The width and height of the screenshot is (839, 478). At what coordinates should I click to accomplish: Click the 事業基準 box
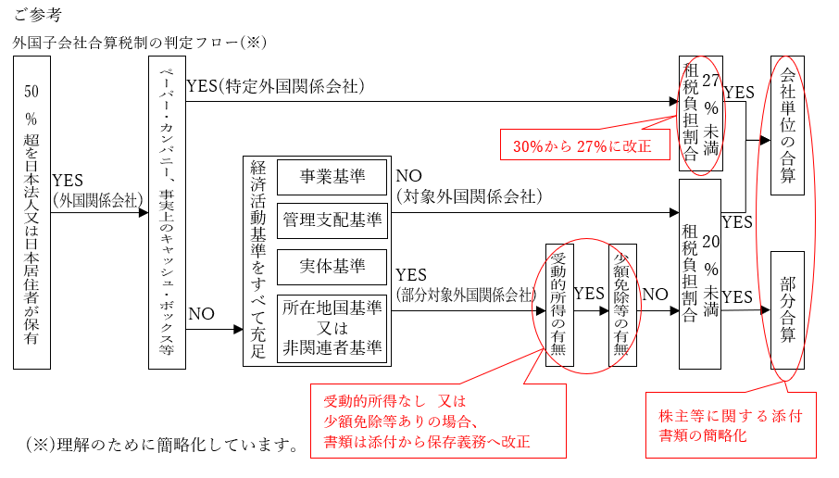click(332, 175)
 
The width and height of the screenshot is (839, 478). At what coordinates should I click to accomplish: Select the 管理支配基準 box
click(332, 220)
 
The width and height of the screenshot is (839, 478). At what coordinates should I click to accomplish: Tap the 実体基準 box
click(332, 266)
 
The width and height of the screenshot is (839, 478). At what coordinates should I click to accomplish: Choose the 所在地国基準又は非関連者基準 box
click(332, 328)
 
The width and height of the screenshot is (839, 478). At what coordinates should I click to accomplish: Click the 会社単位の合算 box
click(787, 124)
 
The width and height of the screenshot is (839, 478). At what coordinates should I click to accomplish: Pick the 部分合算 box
click(787, 308)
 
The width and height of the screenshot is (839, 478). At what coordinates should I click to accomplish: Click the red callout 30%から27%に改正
click(583, 145)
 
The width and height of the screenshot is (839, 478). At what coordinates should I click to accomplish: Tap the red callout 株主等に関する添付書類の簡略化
click(730, 425)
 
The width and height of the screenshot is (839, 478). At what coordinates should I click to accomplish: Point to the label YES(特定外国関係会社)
click(275, 86)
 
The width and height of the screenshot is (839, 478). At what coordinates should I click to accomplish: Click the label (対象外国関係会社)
click(469, 196)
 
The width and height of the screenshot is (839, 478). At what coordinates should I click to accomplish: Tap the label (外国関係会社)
click(97, 198)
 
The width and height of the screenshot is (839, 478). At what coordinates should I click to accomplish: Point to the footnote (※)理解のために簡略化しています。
click(163, 445)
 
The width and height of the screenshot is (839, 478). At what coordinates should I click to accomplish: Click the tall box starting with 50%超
click(31, 212)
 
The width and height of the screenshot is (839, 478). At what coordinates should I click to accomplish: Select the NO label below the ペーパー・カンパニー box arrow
click(201, 313)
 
